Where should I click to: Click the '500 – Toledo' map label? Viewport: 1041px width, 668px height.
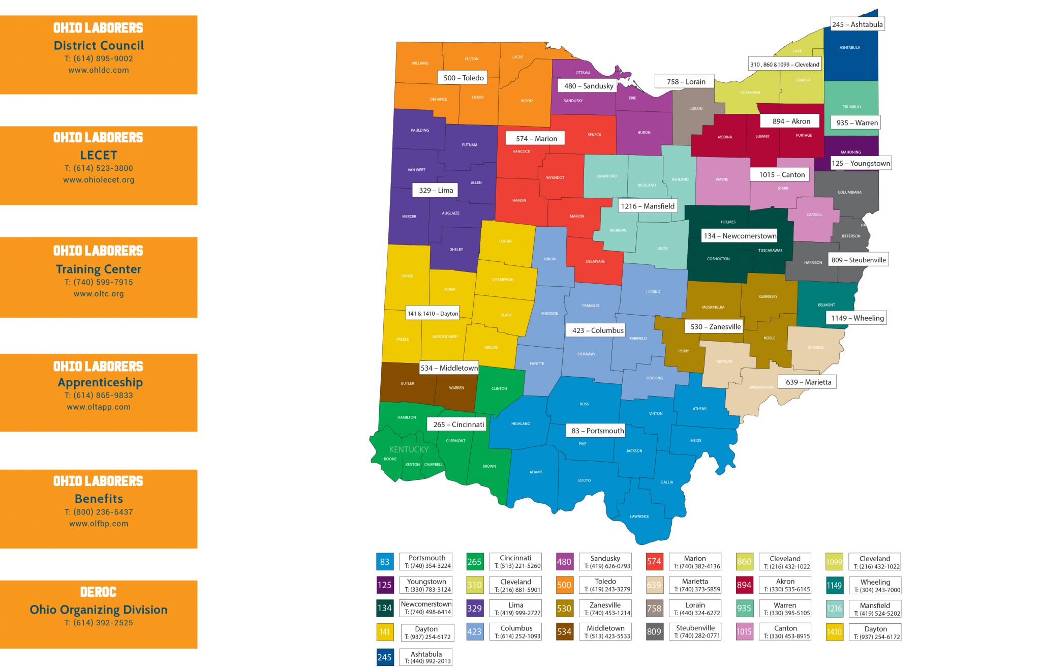coord(463,78)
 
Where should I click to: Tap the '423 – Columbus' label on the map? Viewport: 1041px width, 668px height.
coord(597,330)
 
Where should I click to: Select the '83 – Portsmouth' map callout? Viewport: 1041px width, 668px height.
coord(597,431)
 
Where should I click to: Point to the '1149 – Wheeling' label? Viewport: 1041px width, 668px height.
coord(857,318)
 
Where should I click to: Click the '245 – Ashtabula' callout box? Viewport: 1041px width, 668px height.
coord(857,24)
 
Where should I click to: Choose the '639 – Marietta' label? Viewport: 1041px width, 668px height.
coord(808,382)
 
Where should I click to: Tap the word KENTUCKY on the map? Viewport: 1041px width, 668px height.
coord(409,449)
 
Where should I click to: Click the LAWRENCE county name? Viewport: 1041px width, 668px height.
coord(639,517)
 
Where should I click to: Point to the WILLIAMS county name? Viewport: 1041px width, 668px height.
coord(420,64)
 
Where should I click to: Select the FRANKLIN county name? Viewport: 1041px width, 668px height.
coord(591,306)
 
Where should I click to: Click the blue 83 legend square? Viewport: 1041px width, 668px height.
coord(385,562)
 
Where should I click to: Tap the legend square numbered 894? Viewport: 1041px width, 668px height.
coord(744,585)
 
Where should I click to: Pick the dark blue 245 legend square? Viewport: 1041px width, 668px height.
coord(385,657)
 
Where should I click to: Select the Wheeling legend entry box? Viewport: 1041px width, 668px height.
coord(875,586)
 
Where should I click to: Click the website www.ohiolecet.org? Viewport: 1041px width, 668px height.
coord(99,180)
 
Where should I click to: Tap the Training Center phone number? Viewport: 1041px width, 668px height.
coord(99,282)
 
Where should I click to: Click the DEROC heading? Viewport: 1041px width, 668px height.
coord(99,592)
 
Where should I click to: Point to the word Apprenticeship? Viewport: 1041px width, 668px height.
coord(100,382)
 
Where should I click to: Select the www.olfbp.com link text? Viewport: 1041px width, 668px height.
coord(99,524)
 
